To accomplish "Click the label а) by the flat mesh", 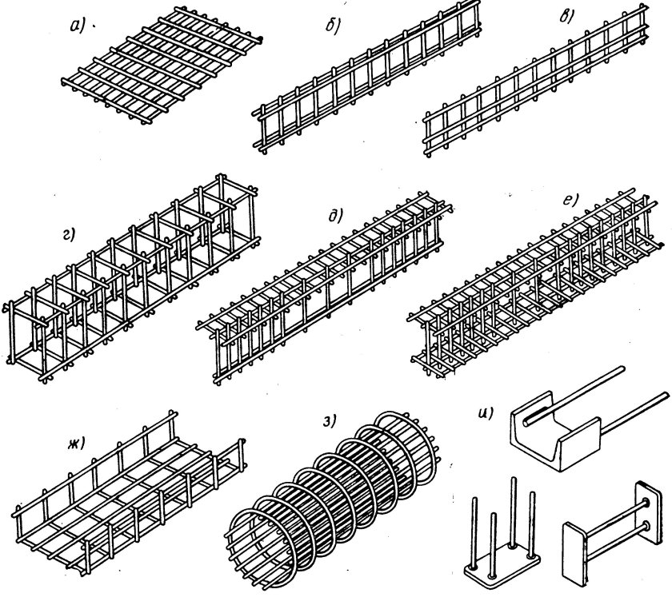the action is [x=78, y=26].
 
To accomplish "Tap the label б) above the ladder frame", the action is [x=333, y=26].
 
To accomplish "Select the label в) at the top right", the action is [x=567, y=16].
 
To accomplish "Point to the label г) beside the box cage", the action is [x=69, y=235].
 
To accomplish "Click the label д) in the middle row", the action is [x=335, y=216].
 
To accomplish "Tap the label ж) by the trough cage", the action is [x=75, y=442].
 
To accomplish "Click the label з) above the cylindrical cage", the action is [x=329, y=422].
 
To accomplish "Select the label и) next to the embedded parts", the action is [x=486, y=413].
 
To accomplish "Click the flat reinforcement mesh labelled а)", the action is [x=162, y=64].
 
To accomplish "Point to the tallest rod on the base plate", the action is [x=513, y=512].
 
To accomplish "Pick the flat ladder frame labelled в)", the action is [x=536, y=79].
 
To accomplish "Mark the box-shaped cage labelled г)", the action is [x=130, y=277].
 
